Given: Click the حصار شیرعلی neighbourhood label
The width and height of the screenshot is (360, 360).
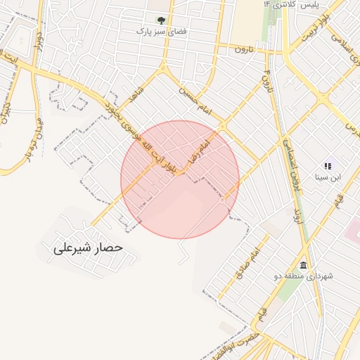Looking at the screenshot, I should [89, 248].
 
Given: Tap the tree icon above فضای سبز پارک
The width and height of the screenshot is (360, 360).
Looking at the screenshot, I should [162, 20].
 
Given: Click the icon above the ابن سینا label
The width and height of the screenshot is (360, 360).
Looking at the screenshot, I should [328, 165].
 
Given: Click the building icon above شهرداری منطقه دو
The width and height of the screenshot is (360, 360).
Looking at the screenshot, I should [303, 265].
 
